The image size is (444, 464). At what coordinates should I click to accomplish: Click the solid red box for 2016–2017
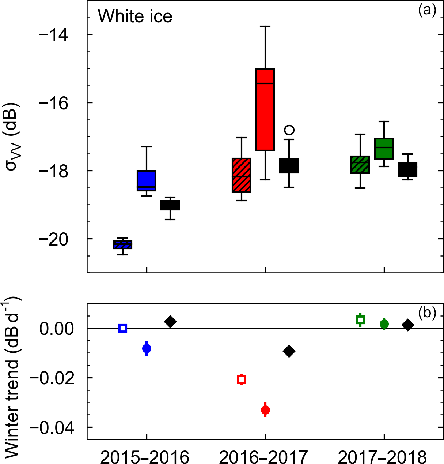[x=265, y=109]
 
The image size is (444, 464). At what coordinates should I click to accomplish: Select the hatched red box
[x=242, y=175]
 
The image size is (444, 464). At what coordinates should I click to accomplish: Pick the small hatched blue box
[x=123, y=244]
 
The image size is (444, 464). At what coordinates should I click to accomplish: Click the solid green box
[x=384, y=149]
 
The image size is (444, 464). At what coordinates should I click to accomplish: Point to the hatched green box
[x=360, y=165]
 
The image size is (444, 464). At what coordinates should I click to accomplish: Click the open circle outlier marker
[x=289, y=130]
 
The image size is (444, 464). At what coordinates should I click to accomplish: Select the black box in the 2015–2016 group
[x=170, y=205]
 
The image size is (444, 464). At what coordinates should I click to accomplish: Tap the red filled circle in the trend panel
[x=266, y=410]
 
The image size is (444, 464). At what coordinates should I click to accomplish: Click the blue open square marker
[x=123, y=328]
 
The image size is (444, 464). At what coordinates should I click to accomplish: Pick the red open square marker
[x=242, y=379]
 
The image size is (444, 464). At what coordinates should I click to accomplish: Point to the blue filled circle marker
[x=147, y=348]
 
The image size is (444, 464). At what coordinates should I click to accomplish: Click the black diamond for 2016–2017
[x=289, y=352]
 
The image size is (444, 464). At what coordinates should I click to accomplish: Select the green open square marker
[x=360, y=320]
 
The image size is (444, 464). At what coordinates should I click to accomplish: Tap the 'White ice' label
[x=135, y=16]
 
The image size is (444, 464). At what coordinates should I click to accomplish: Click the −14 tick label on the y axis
[x=53, y=35]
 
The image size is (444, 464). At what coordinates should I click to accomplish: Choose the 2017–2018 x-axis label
[x=382, y=457]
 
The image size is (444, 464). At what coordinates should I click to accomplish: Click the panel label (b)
[x=427, y=313]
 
